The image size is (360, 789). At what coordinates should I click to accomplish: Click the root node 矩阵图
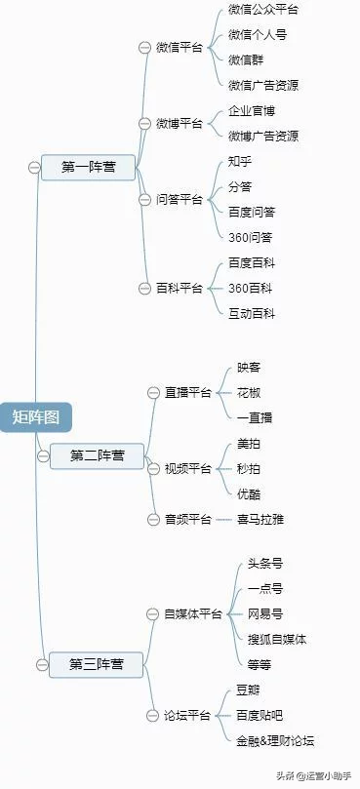tap(36, 416)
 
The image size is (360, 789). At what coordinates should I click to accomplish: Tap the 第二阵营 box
tap(98, 455)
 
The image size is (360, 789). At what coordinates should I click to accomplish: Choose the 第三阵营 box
tap(97, 664)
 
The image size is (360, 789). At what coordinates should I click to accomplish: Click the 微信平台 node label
tap(180, 47)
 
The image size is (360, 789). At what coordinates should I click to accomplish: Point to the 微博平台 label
tap(180, 123)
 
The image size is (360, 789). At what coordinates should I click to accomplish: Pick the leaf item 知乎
tap(240, 160)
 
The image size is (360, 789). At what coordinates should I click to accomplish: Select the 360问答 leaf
tap(251, 237)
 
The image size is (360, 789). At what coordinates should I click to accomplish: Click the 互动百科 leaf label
tap(252, 313)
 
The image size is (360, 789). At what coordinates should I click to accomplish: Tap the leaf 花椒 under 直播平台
tap(249, 392)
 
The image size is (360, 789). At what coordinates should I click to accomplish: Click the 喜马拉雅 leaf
tap(260, 519)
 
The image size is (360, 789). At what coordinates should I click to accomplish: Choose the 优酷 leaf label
tap(249, 493)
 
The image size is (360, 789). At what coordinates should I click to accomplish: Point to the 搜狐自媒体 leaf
tap(277, 639)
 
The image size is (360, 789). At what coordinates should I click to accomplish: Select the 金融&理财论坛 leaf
tap(275, 741)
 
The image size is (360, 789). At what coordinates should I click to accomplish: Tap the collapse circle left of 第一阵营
tap(34, 168)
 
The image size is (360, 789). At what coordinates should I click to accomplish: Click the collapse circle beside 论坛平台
tap(152, 716)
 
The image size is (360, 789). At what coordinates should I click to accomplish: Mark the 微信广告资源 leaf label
tap(263, 85)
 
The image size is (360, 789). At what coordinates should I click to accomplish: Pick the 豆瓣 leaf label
tap(249, 690)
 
